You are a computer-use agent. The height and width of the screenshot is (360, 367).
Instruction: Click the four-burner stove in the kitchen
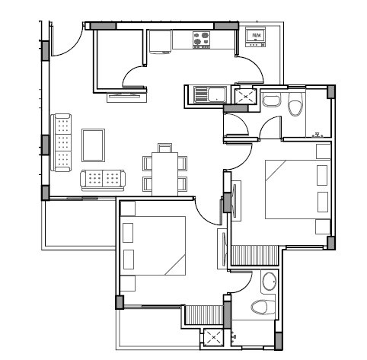tap(203, 40)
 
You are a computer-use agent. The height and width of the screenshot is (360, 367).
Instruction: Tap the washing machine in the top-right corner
tap(256, 37)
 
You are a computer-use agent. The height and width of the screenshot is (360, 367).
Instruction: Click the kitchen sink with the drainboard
tap(207, 95)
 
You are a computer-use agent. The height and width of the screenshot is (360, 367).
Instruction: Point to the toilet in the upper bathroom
tap(296, 105)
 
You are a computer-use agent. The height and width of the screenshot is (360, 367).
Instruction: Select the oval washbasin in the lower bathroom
tap(269, 282)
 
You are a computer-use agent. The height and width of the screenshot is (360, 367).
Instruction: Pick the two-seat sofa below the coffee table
tap(103, 180)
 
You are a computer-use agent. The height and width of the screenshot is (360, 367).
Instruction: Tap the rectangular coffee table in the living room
tap(94, 145)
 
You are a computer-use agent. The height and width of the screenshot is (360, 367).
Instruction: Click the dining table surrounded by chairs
tap(164, 171)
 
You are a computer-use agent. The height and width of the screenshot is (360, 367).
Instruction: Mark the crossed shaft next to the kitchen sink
tap(245, 96)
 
